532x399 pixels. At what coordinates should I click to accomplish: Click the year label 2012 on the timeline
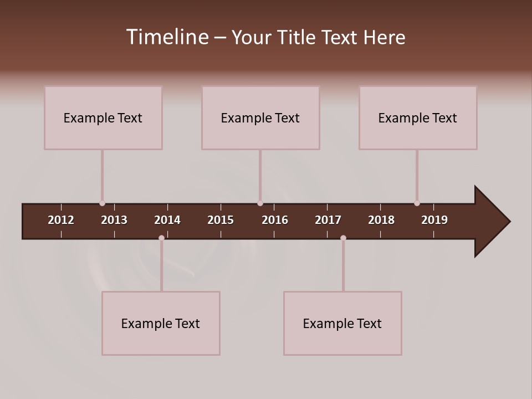[x=61, y=220]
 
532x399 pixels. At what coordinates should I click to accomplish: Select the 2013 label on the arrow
[x=114, y=220]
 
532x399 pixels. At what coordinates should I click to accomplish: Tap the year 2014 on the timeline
[x=167, y=220]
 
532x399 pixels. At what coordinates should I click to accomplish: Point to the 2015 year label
[x=221, y=220]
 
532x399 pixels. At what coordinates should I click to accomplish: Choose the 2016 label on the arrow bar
[x=275, y=220]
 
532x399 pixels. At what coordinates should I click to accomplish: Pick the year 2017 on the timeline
[x=328, y=220]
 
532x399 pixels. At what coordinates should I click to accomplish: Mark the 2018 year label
[x=381, y=220]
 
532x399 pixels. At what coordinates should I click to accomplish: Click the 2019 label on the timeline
[x=434, y=220]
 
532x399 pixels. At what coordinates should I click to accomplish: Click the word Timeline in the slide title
[x=167, y=37]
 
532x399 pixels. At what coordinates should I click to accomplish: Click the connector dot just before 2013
[x=102, y=203]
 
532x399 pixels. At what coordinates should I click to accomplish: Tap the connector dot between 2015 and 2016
[x=260, y=203]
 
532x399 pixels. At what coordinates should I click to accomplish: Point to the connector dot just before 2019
[x=417, y=203]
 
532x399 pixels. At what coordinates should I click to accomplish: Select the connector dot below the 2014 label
[x=161, y=238]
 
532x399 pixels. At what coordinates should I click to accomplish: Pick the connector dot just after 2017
[x=343, y=238]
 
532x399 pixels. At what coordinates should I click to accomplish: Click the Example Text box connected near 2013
[x=103, y=117]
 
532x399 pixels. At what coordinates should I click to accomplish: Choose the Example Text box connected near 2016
[x=260, y=117]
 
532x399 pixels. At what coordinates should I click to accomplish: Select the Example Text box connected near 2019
[x=418, y=117]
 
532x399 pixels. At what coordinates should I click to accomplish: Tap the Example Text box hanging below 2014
[x=161, y=323]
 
